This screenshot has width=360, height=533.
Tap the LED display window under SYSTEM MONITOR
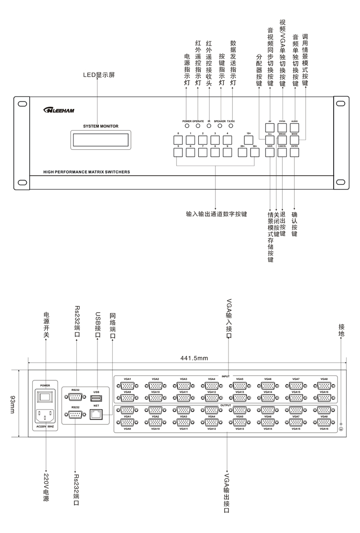coord(100,140)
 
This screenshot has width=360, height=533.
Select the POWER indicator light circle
coord(186,125)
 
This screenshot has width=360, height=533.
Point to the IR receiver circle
coord(209,125)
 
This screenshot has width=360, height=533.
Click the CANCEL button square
coord(282,153)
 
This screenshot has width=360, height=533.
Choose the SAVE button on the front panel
coord(270,153)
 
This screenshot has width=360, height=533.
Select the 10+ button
coord(249,140)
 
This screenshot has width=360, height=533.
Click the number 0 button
coord(178,140)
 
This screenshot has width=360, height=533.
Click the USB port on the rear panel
coord(96,398)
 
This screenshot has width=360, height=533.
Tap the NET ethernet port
coord(96,415)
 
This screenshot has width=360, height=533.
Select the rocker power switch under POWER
coord(45,397)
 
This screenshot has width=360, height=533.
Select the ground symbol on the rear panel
coord(341,429)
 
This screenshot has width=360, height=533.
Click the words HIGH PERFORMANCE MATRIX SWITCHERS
coord(86,171)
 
